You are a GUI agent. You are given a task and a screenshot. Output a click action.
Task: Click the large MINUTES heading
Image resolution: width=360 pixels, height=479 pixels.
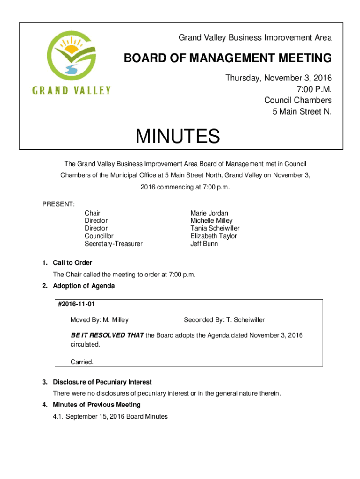tap(178, 137)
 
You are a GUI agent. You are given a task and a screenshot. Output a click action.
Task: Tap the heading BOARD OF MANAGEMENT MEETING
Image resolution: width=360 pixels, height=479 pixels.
tap(227, 58)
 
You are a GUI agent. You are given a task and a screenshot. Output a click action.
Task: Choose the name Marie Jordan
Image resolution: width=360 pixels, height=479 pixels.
tap(209, 213)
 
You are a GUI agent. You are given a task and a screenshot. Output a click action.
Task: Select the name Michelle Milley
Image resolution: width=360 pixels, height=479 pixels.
tap(211, 220)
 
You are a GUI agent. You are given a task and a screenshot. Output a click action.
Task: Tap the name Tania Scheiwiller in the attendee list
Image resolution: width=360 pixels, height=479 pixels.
tap(215, 228)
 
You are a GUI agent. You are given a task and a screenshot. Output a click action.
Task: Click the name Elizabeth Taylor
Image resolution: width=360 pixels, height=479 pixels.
tap(214, 236)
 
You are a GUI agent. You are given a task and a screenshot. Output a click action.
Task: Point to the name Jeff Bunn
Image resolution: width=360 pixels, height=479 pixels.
tap(204, 244)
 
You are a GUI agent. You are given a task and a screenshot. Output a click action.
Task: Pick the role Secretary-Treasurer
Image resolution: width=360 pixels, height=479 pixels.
tap(114, 244)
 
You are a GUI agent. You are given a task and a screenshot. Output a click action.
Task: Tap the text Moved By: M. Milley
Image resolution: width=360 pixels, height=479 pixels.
tap(99, 320)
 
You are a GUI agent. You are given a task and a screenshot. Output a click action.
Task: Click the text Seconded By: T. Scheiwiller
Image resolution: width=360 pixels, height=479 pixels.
tap(224, 320)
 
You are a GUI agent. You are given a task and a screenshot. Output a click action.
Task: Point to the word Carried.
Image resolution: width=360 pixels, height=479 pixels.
tap(82, 362)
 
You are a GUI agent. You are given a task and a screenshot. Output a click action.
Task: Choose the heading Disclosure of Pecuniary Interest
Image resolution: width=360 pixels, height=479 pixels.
tap(102, 382)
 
